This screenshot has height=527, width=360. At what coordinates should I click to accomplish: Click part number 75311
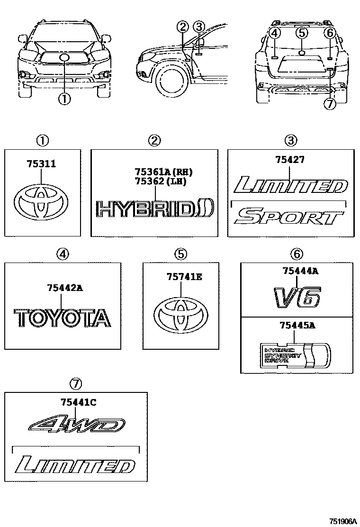[x=41, y=164]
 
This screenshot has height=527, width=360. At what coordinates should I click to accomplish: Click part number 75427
[x=289, y=160]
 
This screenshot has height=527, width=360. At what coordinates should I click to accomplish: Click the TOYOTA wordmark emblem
[x=62, y=318]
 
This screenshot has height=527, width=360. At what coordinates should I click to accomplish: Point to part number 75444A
[x=300, y=271]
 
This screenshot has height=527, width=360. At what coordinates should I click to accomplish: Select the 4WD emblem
[x=75, y=425]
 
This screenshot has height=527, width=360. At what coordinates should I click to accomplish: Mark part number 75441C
[x=78, y=402]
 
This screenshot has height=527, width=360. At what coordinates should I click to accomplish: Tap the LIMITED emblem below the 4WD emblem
[x=74, y=465]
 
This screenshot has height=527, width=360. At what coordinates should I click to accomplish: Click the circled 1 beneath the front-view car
[x=64, y=99]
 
